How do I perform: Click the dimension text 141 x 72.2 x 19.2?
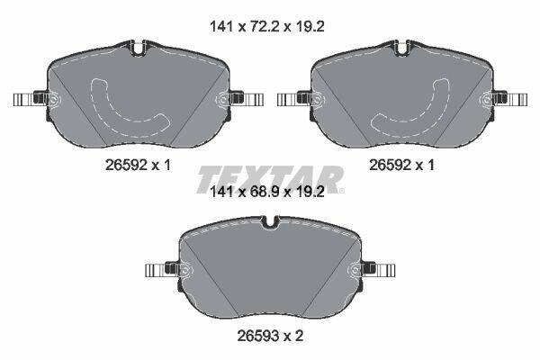click(x=267, y=26)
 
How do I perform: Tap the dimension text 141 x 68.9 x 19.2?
click(x=267, y=192)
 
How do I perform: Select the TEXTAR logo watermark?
click(x=270, y=179)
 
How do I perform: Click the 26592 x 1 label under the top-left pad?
click(x=138, y=166)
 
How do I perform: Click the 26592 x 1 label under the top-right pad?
click(x=401, y=166)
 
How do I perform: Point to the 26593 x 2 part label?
click(x=270, y=336)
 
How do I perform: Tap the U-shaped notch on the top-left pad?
click(x=139, y=49)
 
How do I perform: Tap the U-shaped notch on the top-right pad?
click(x=402, y=49)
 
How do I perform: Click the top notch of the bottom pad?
click(x=270, y=222)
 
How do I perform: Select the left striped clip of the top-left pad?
click(x=24, y=100)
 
